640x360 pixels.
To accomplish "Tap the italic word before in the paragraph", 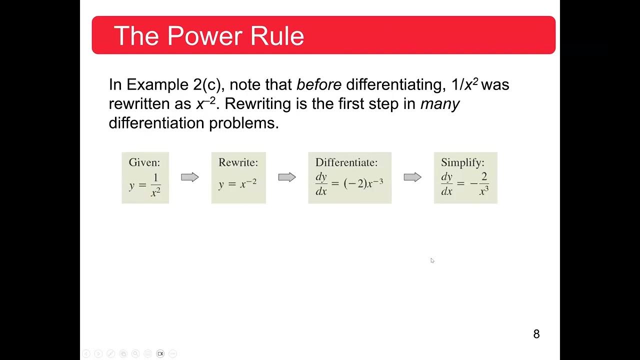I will click(318, 84).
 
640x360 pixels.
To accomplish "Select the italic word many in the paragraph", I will click(439, 104).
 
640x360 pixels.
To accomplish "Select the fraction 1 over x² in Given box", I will click(155, 185).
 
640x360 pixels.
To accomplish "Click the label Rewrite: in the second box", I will click(238, 162).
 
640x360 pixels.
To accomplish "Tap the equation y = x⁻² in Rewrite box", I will click(237, 184).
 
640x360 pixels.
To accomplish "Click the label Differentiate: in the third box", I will click(346, 162).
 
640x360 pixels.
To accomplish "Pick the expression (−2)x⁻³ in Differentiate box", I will click(363, 183).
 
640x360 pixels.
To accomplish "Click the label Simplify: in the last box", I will click(462, 162).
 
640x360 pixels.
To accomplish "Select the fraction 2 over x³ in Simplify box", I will click(483, 184).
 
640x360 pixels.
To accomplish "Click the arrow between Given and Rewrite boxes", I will click(190, 177).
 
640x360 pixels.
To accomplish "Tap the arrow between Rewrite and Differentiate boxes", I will click(287, 177).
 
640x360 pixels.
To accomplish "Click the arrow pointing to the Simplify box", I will click(412, 177).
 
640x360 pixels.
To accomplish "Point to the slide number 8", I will click(536, 334).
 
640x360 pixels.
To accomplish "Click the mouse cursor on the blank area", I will click(432, 260).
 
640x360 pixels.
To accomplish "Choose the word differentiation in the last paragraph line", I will click(157, 123).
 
